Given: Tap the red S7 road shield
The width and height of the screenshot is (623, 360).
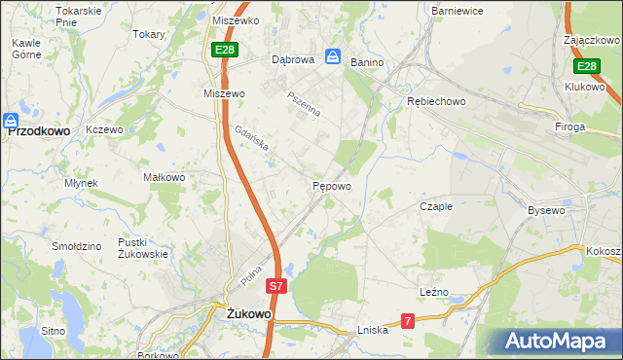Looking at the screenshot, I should (276, 287).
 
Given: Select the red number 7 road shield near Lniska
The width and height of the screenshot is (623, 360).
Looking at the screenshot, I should (408, 320).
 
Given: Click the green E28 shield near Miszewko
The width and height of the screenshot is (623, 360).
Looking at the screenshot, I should (223, 50).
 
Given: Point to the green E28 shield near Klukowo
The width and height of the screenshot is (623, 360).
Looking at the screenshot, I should (585, 66).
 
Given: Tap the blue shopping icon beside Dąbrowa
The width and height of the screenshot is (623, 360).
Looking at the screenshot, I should (333, 58).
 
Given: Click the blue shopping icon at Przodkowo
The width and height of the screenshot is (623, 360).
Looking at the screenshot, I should (11, 122).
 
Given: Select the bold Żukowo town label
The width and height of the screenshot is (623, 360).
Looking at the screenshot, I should (247, 315).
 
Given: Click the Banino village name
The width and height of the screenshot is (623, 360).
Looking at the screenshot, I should (367, 62).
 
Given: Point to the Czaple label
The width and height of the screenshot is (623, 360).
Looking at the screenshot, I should (436, 206).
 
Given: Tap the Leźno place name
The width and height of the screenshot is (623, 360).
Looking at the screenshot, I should (435, 291).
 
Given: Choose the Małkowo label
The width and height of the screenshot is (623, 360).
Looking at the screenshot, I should (164, 178).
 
